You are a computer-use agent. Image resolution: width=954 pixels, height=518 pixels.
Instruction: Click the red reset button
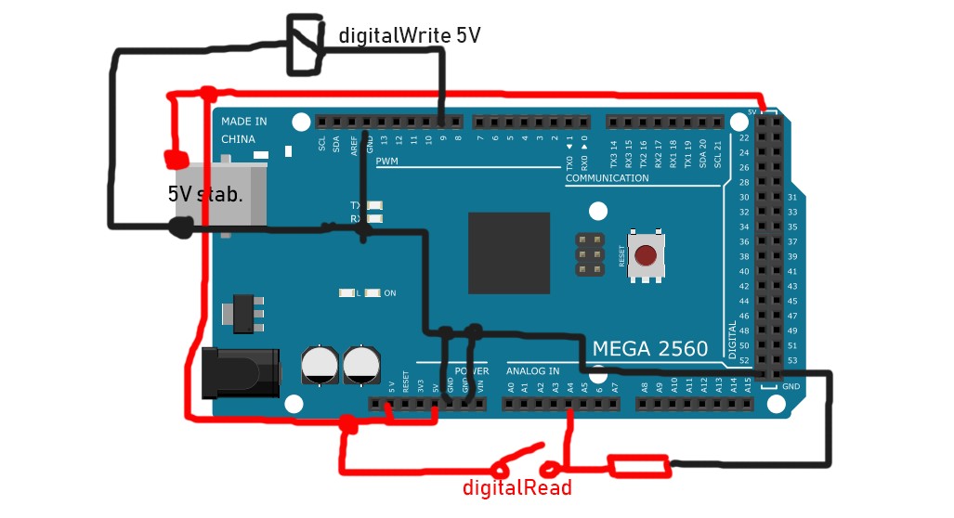coord(647,255)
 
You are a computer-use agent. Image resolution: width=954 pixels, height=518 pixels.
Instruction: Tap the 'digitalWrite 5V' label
coord(409,36)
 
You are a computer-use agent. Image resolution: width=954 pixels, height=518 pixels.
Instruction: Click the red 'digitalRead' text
coord(517,488)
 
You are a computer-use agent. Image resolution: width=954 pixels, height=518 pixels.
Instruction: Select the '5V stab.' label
coord(205,195)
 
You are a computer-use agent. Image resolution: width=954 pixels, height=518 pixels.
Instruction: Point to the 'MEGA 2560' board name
coord(650,349)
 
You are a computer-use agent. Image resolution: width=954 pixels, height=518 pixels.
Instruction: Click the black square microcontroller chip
coord(508,253)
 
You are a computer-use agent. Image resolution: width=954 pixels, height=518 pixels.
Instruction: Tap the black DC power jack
coord(241,371)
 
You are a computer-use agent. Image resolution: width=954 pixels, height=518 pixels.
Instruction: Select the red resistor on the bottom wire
coord(638,466)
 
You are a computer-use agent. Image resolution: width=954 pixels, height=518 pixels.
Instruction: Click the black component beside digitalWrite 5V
coord(302,45)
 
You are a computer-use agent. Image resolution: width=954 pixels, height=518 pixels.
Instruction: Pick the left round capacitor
coord(319,365)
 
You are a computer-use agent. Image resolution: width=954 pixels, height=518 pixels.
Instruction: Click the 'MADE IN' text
coord(243,121)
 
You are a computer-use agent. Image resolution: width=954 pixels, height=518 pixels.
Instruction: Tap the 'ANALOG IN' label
coord(532,371)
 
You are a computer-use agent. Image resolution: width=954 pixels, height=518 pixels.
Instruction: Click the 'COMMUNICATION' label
coord(607,178)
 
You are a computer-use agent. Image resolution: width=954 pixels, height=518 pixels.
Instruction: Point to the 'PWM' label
coord(386,162)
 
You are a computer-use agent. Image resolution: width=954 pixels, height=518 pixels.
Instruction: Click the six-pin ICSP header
coord(586,254)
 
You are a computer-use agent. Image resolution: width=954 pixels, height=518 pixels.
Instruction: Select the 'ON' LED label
coord(390,293)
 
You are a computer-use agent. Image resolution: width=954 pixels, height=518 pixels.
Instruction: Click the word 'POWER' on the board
coord(471,371)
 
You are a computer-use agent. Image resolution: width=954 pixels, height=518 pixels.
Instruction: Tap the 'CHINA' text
coord(238,139)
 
